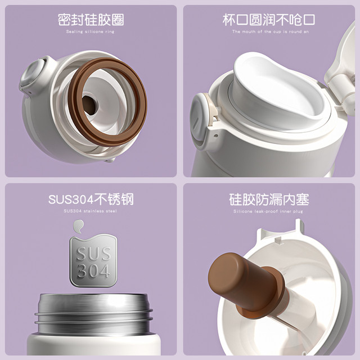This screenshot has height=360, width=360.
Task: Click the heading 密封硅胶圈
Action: pyautogui.click(x=91, y=20)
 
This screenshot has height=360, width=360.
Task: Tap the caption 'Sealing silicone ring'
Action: pyautogui.click(x=90, y=31)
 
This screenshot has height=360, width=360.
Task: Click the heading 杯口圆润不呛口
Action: pyautogui.click(x=269, y=20)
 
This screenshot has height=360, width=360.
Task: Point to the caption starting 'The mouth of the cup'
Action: pyautogui.click(x=271, y=31)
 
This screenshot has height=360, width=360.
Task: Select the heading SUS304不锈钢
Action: pyautogui.click(x=91, y=199)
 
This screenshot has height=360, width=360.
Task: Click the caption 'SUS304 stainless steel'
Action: pyautogui.click(x=90, y=211)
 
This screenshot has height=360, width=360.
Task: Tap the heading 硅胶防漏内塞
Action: pyautogui.click(x=269, y=199)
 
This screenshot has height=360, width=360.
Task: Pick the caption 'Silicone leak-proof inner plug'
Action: pyautogui.click(x=268, y=211)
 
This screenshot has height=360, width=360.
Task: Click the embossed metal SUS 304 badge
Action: pyautogui.click(x=93, y=260)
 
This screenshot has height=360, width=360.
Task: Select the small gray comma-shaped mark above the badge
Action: pyautogui.click(x=78, y=226)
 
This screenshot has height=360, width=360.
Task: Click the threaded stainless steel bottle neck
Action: pyautogui.click(x=93, y=313)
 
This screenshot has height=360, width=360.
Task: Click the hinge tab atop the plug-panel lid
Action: pyautogui.click(x=299, y=226)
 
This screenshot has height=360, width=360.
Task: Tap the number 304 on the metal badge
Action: pyautogui.click(x=93, y=271)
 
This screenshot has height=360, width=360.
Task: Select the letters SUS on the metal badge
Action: pyautogui.click(x=94, y=254)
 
